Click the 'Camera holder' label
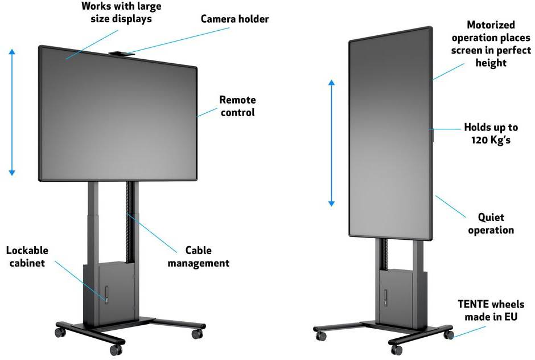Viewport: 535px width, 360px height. point(234,19)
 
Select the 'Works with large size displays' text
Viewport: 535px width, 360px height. point(121,13)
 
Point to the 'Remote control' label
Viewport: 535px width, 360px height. point(237,106)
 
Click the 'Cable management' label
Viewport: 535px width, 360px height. point(199,256)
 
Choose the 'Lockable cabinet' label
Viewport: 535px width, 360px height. point(27,256)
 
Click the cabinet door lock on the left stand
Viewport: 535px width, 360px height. point(106,294)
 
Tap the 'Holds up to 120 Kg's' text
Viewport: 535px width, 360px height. point(491,133)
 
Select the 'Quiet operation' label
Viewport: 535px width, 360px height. point(491,224)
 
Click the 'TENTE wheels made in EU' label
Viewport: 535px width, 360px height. point(491,310)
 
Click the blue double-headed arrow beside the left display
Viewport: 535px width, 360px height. point(12,112)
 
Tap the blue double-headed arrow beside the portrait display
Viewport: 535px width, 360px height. point(331,143)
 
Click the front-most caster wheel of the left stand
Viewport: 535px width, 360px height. point(116,350)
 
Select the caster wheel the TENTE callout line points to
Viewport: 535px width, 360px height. point(448,334)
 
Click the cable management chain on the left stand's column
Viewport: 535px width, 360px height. point(129,222)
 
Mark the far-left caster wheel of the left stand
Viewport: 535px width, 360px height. point(60,332)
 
